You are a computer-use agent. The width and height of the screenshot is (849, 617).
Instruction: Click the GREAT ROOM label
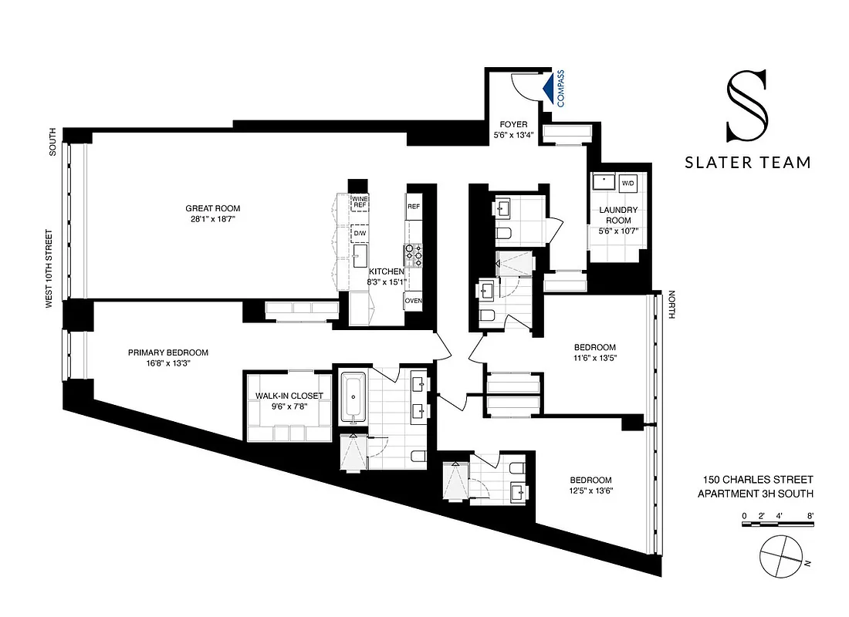[x=212, y=208]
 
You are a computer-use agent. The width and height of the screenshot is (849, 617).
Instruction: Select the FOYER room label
[x=513, y=124]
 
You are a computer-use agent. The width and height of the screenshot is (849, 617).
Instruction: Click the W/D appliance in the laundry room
[x=627, y=184]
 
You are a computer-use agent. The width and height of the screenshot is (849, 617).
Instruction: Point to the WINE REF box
[x=360, y=203]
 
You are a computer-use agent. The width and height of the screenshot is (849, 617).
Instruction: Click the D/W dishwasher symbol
[x=360, y=232]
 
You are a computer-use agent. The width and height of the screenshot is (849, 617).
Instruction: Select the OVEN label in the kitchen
[x=414, y=301]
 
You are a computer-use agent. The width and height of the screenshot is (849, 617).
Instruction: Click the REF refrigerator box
[x=414, y=207]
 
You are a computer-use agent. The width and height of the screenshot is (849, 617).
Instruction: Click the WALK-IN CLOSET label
[x=289, y=396]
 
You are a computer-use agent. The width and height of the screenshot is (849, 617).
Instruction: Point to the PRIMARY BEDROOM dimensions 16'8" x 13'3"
[x=168, y=365]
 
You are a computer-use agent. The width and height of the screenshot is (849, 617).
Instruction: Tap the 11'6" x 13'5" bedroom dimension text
[x=594, y=358]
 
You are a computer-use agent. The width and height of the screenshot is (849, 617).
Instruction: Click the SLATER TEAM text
[x=748, y=163]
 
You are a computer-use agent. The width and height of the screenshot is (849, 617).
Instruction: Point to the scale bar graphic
[x=778, y=524]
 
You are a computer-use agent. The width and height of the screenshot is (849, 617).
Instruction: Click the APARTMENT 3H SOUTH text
[x=755, y=494]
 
